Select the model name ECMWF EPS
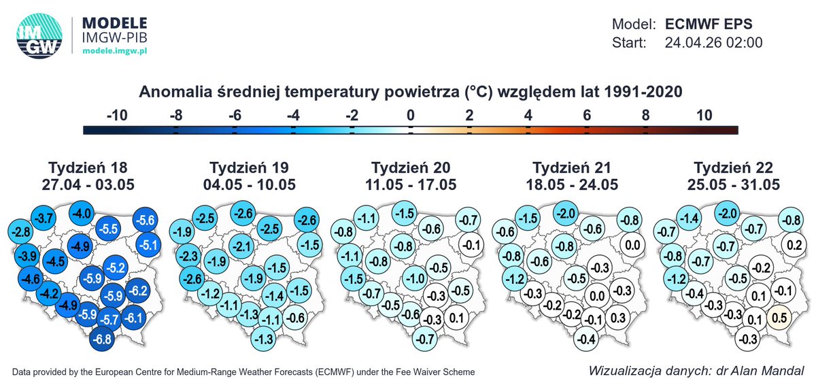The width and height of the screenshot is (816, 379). tap(709, 24)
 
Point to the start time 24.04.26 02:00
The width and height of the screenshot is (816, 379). tap(713, 43)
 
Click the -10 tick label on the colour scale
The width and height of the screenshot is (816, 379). tap(118, 115)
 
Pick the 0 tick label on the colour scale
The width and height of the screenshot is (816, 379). tap(411, 115)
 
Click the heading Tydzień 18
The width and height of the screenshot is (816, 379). tap(88, 168)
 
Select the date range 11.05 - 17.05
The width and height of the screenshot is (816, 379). tap(410, 184)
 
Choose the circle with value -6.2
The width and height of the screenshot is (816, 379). tap(137, 291)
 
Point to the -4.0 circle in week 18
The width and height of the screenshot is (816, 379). tap(83, 214)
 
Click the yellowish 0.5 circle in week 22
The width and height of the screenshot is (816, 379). tap(781, 316)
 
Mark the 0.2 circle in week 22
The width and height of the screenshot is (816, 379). tap(792, 244)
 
